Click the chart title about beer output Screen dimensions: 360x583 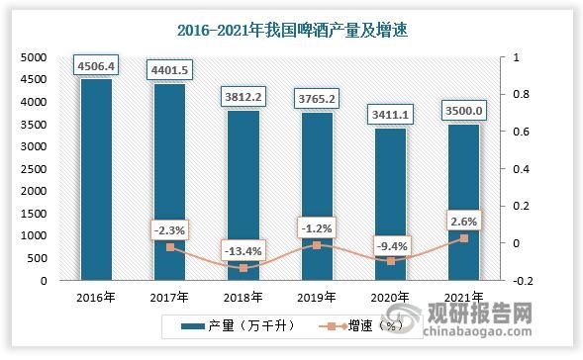pos(291,31)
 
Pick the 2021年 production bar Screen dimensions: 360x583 pos(463,203)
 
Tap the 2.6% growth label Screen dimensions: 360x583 pos(463,222)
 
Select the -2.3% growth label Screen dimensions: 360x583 pos(169,230)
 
